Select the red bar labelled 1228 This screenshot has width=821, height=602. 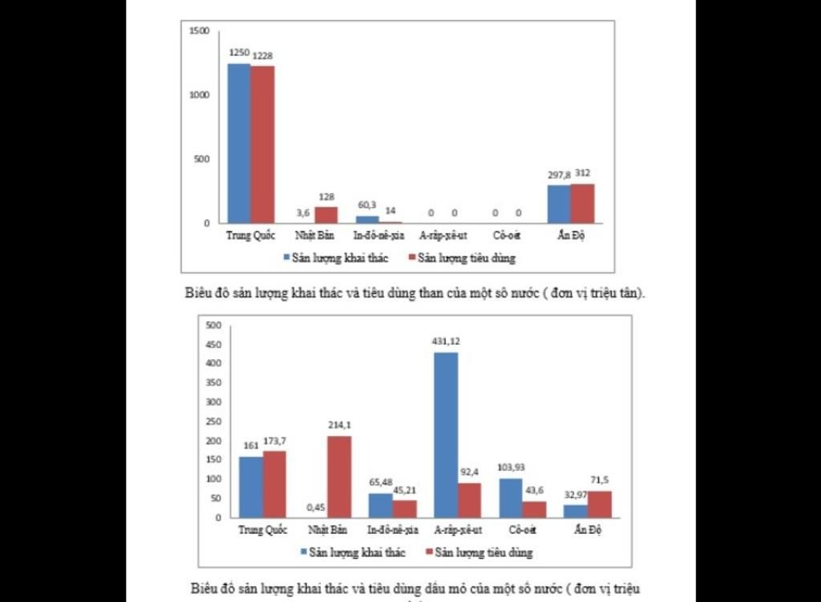pos(262,144)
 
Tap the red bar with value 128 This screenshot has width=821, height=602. pos(326,215)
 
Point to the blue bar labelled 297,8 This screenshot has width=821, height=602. pos(559,204)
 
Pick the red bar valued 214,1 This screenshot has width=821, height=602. pos(339,476)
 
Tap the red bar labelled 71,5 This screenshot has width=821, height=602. pos(600,504)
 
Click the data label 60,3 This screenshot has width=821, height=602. pos(367,204)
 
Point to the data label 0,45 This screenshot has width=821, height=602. pos(316,507)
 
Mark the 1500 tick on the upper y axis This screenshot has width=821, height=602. pos(199,30)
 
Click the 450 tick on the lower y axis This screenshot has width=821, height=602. pos(212,345)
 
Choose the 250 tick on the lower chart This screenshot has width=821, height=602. pos(212,422)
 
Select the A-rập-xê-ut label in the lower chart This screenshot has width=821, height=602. pos(458,531)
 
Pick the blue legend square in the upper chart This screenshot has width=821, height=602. pos(286,258)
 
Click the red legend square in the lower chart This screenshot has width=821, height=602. pos(430,552)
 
